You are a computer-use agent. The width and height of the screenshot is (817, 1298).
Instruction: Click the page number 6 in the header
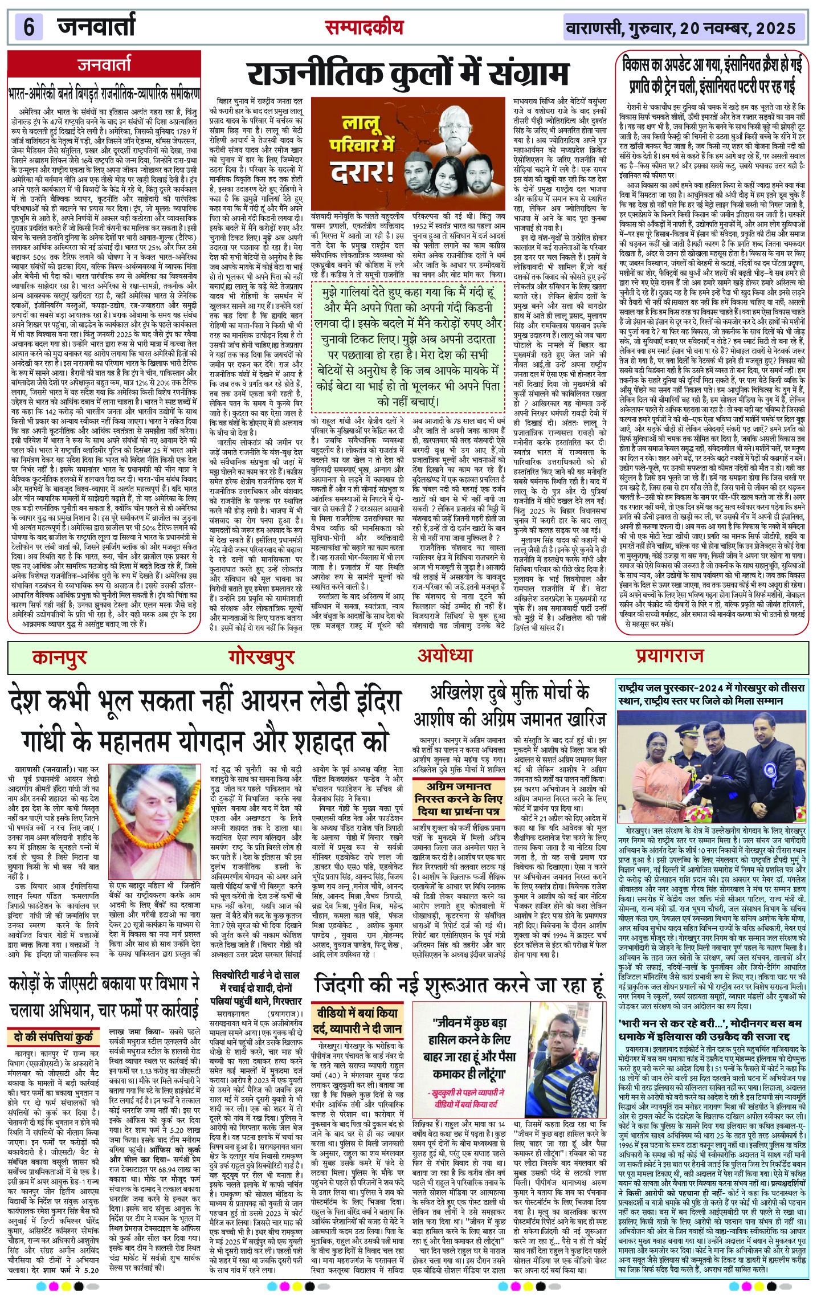tap(28, 27)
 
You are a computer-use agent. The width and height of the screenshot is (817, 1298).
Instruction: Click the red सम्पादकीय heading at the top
tap(364, 27)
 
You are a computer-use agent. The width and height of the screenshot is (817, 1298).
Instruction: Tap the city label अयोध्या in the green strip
tap(445, 655)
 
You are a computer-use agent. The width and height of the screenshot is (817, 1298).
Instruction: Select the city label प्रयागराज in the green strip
tap(669, 656)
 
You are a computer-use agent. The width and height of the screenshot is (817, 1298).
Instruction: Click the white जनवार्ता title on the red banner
tap(104, 64)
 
